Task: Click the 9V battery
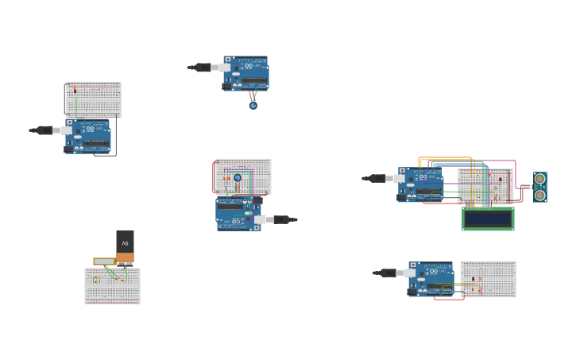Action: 125,246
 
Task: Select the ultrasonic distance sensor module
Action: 539,187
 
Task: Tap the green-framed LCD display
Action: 488,219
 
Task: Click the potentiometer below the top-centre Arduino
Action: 253,105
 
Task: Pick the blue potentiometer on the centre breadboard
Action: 238,178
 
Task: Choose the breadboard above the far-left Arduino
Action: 94,99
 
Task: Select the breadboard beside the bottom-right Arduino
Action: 488,279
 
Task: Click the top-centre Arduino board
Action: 246,73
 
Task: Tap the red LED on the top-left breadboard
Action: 75,91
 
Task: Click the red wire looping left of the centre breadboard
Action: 214,178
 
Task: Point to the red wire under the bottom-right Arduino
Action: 449,299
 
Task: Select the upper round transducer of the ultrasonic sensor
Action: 540,179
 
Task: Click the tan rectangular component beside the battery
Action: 104,261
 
